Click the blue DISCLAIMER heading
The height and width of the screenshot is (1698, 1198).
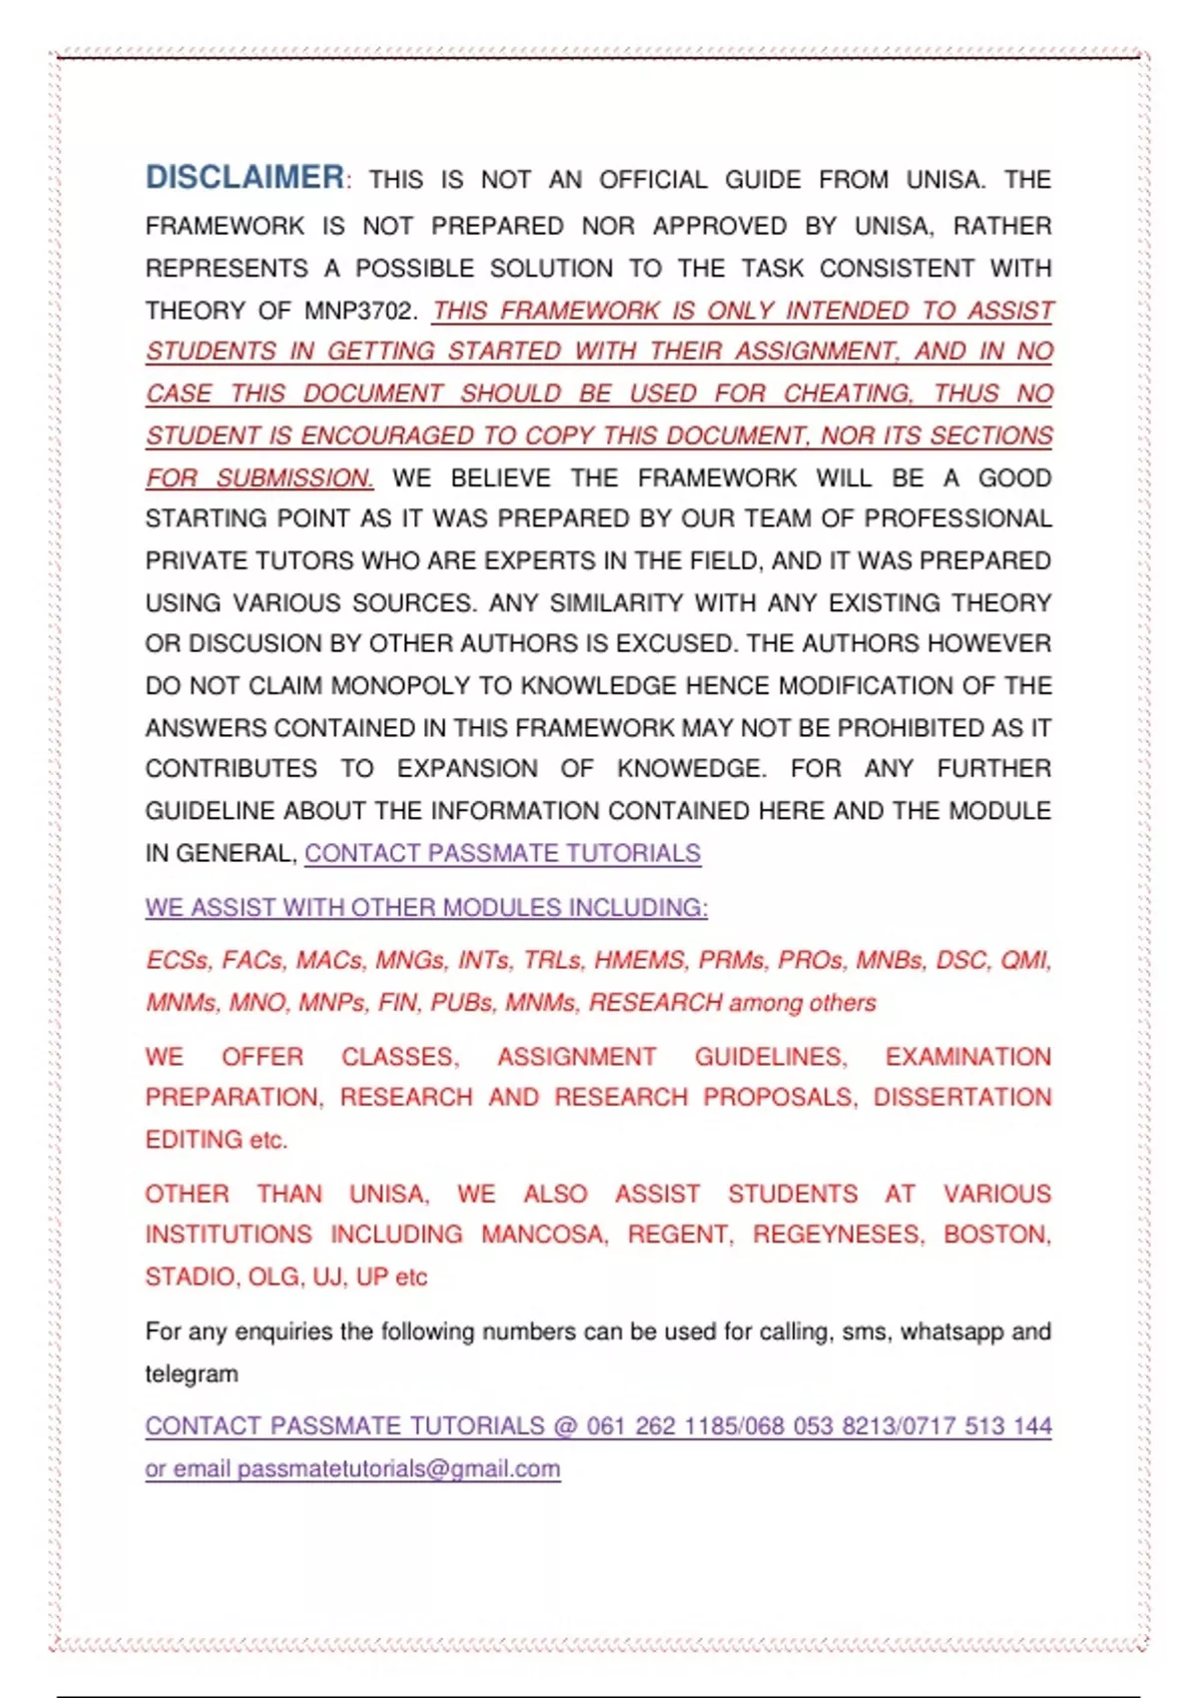pyautogui.click(x=245, y=178)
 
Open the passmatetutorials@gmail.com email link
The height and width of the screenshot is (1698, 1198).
pyautogui.click(x=398, y=1469)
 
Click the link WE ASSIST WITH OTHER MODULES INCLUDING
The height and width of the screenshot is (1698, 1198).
pyautogui.click(x=426, y=908)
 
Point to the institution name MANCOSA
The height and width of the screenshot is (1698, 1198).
pyautogui.click(x=544, y=1235)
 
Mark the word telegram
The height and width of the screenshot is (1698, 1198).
pyautogui.click(x=192, y=1374)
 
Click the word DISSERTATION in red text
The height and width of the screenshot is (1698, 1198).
pyautogui.click(x=962, y=1098)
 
